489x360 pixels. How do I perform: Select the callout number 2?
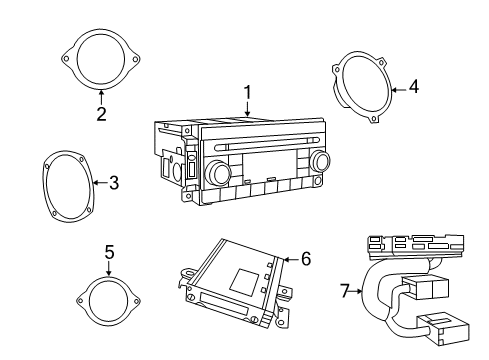click(x=101, y=114)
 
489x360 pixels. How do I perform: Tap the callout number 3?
click(x=114, y=182)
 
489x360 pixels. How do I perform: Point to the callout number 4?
click(x=413, y=87)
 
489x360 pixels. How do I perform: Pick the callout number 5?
click(x=108, y=252)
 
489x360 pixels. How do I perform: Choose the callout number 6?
click(x=306, y=259)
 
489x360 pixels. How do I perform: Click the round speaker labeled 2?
click(x=101, y=61)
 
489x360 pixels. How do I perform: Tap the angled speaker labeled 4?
click(x=359, y=90)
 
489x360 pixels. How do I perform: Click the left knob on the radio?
click(x=217, y=174)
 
